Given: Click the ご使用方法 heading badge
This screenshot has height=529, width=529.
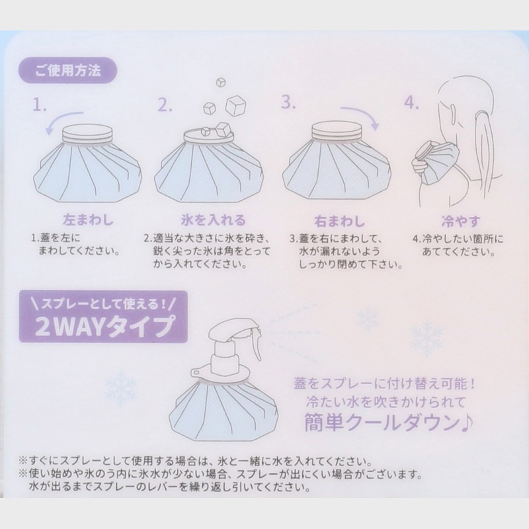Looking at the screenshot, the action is point(68,71).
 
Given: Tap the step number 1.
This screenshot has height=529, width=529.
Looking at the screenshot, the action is point(39,105).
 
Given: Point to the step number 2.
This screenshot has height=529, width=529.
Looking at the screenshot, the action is point(165,105).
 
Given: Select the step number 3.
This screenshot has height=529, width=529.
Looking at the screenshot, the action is point(288,102).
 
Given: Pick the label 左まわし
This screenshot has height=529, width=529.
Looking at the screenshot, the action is point(89,220).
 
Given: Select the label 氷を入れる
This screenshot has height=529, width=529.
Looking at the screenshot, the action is point(213,220).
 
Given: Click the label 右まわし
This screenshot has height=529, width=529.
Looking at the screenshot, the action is point(340,222).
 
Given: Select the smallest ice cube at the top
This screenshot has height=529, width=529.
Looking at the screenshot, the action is point(221,82).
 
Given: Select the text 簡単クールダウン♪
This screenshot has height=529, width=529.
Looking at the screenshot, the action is point(389,423).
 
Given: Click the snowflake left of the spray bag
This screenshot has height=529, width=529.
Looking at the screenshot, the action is point(121,388).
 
